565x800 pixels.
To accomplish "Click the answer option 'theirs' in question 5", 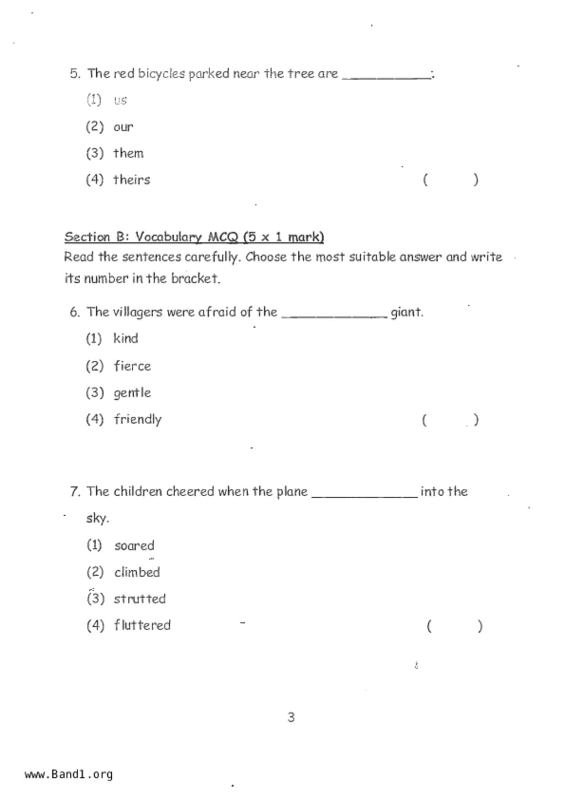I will point(131,180).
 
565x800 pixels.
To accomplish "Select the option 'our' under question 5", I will point(123,127).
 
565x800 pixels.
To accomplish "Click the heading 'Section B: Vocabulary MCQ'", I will point(194,237).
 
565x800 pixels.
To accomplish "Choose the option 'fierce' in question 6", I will point(132,366).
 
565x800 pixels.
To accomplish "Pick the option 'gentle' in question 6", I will point(132,393).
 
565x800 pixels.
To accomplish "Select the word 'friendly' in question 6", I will point(138,419).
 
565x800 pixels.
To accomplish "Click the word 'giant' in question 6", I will point(406,312).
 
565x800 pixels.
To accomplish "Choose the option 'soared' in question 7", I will point(134,545).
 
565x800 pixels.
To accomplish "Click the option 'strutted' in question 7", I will point(140,599).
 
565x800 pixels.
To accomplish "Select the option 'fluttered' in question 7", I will point(142,625).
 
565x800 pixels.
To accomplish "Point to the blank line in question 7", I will point(364,496).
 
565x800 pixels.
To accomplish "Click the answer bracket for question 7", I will point(455,626).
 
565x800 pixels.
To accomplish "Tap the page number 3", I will point(291,717).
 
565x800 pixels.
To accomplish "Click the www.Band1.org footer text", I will point(69,774).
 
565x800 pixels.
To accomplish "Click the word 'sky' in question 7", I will point(97,519).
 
